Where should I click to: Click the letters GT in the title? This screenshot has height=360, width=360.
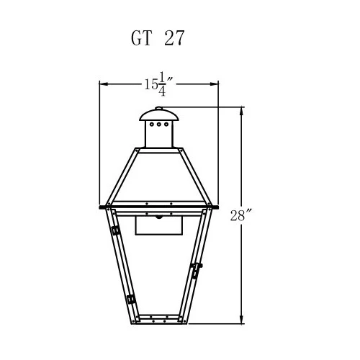click(142, 38)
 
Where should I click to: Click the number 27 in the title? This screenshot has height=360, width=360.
click(174, 38)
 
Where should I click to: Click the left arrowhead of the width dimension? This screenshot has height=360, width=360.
click(104, 84)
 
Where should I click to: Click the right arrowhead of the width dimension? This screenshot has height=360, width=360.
click(214, 84)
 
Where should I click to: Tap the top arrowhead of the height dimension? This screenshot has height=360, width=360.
click(241, 112)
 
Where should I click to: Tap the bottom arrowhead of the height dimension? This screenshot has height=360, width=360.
click(241, 319)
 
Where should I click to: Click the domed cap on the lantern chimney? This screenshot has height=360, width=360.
click(159, 115)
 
